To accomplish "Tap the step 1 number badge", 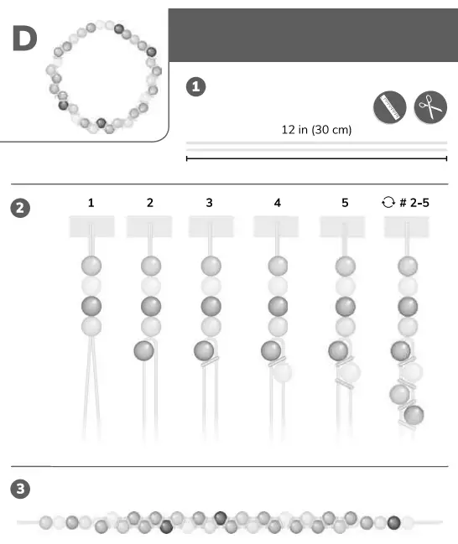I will (x=195, y=86).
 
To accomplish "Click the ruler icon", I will (x=389, y=106).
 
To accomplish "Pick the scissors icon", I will (x=430, y=106).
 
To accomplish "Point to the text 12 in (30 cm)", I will (x=316, y=130).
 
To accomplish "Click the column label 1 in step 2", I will (x=91, y=202).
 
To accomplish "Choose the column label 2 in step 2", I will (x=149, y=202).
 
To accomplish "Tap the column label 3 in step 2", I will (x=209, y=202).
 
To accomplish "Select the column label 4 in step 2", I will (x=277, y=202).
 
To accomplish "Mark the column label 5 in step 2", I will (x=344, y=202).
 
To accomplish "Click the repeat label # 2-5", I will (x=405, y=202).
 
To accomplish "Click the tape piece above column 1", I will (x=91, y=226).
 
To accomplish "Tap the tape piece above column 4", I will (x=277, y=226).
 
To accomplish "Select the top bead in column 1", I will (x=91, y=266).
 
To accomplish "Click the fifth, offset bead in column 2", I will (x=143, y=349).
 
